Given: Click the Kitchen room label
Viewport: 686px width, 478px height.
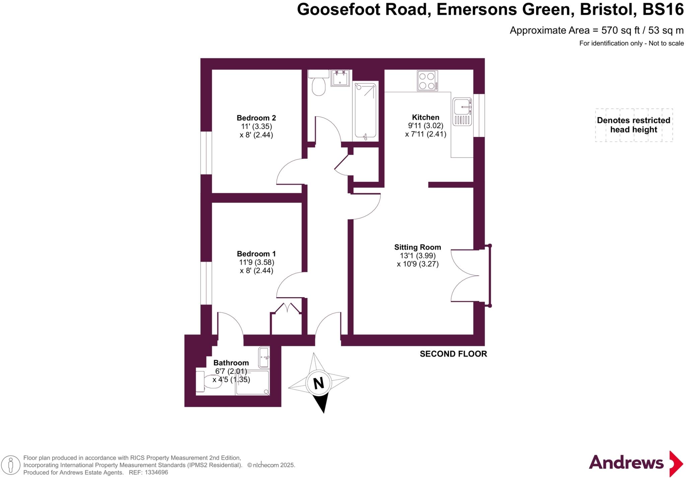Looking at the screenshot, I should click(425, 117).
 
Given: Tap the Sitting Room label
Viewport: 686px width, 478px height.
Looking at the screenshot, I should click(417, 247).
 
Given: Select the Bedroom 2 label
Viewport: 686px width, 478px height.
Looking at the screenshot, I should click(256, 118).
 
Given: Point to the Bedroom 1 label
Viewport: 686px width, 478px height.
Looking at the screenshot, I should click(256, 254).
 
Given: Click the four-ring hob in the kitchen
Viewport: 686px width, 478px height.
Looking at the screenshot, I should click(427, 81).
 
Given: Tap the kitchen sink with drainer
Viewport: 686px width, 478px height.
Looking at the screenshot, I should click(462, 112).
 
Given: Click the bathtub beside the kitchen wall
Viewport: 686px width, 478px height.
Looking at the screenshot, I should click(365, 111).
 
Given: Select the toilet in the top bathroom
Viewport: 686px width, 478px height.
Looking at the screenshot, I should click(318, 84).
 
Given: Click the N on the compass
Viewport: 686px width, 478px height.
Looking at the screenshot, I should click(318, 383).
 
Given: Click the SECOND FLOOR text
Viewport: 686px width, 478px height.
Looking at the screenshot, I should click(453, 354).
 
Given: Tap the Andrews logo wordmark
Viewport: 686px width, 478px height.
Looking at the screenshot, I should click(626, 463).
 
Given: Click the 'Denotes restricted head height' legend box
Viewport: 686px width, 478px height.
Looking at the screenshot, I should click(633, 125).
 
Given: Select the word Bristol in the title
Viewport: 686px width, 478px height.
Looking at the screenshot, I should click(608, 9).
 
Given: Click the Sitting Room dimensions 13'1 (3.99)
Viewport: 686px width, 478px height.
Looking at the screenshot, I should click(417, 256).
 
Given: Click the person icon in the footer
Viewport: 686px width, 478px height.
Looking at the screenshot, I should click(11, 465).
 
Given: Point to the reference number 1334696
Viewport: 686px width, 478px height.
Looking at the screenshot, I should click(155, 473).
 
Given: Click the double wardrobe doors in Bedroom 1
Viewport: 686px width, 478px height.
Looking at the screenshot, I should click(287, 308).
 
